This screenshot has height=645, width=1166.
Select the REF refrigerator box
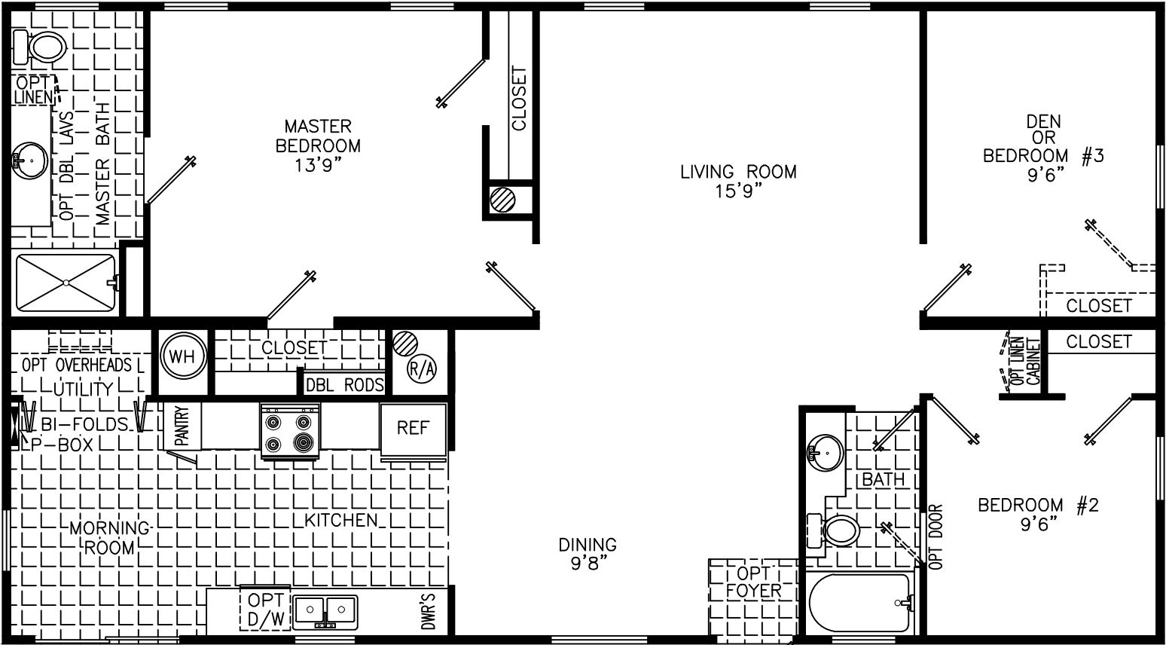(x=413, y=429)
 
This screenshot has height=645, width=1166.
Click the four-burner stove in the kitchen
(x=289, y=430)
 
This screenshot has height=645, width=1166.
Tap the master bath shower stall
(x=66, y=283)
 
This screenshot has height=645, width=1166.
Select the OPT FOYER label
(x=753, y=582)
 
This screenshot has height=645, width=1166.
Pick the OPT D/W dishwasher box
(x=265, y=609)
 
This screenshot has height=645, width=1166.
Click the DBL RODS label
(x=344, y=385)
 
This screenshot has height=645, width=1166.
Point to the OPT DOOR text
(x=936, y=536)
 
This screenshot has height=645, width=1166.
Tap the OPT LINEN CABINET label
(x=1027, y=362)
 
